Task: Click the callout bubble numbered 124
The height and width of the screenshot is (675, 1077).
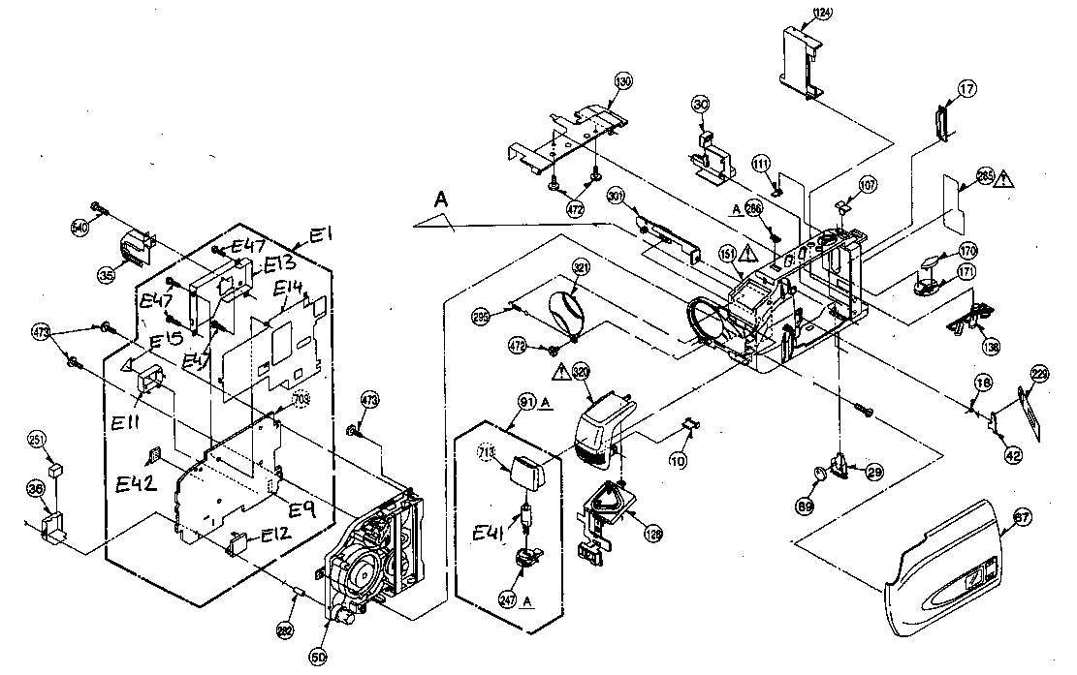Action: click(x=821, y=13)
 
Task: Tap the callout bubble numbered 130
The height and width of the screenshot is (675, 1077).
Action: click(x=623, y=82)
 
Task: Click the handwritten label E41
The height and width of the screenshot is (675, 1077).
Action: click(x=491, y=536)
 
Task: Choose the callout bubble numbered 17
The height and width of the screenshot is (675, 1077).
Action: click(x=966, y=89)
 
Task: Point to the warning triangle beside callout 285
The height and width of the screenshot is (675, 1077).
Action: click(x=1004, y=177)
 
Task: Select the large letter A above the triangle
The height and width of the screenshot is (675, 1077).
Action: click(x=440, y=199)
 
